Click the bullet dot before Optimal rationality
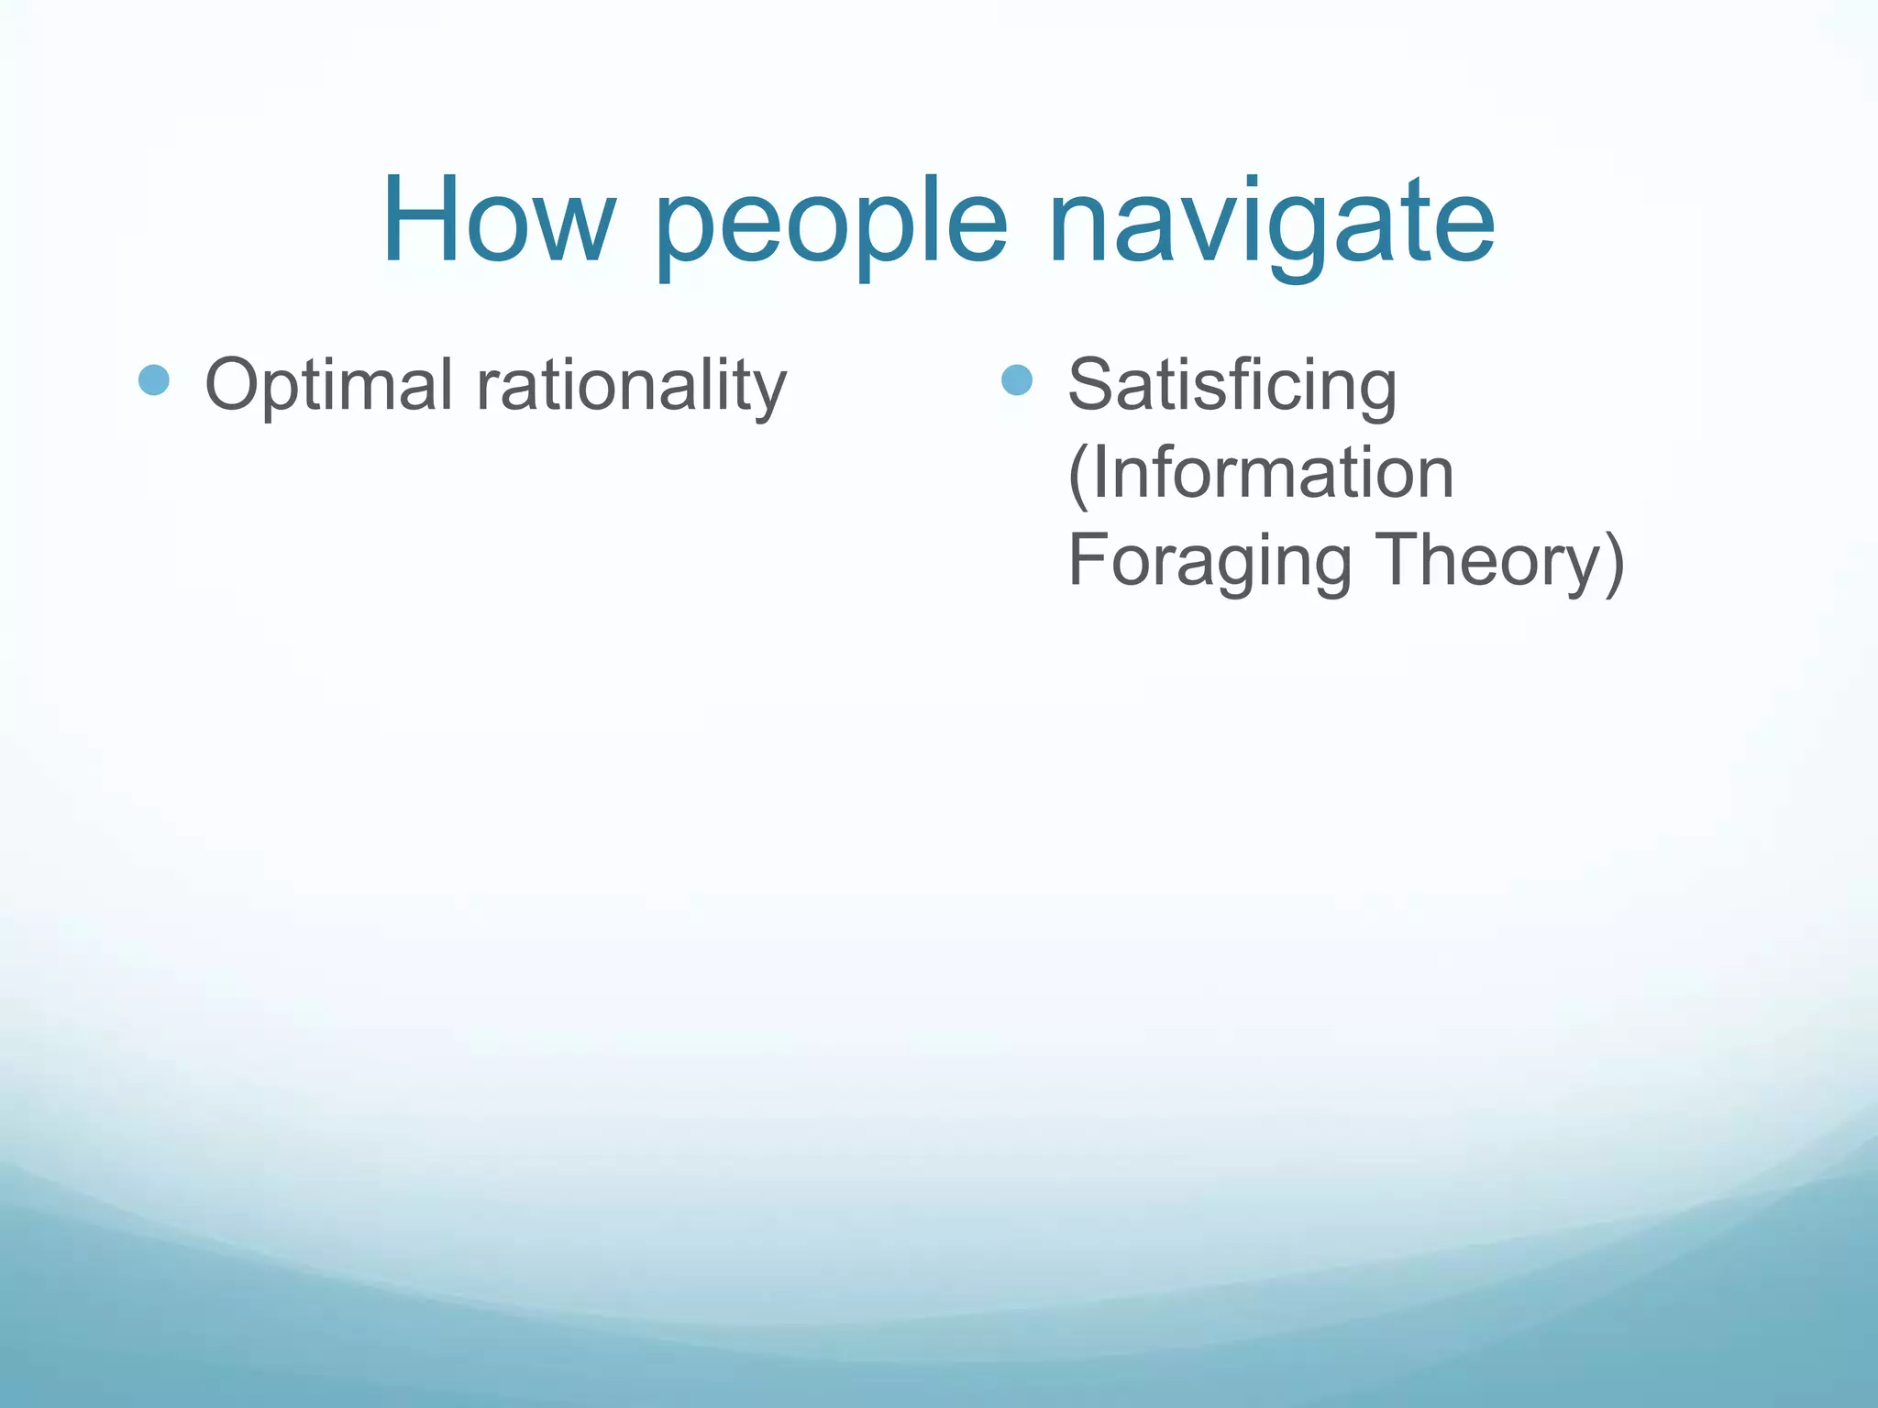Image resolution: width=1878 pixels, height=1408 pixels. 154,379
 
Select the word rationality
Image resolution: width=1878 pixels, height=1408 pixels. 631,386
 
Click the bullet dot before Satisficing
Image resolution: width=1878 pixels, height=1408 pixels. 1017,379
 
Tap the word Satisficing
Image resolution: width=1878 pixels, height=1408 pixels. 1232,386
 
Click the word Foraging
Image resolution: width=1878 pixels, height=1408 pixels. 1210,561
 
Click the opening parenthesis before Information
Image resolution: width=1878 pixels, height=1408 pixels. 1077,475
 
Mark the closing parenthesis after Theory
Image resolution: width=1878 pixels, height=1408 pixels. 1615,561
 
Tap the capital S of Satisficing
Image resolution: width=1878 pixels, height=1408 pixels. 1092,384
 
